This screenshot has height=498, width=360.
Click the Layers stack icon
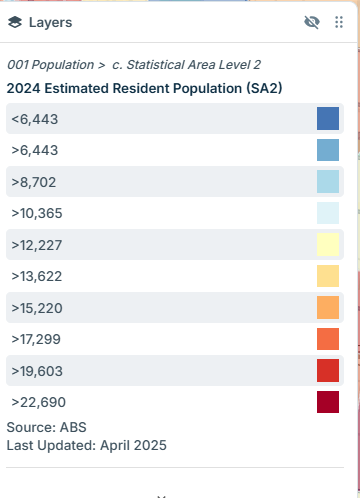15,22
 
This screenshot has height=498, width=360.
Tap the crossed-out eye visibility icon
312,22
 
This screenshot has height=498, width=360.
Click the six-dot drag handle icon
339,22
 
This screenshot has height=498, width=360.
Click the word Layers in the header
50,23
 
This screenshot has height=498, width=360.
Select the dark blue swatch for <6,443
328,118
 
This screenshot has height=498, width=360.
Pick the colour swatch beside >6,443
328,150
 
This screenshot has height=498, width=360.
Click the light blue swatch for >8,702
328,181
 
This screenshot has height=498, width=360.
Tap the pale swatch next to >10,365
328,213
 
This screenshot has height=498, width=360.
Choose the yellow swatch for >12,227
328,244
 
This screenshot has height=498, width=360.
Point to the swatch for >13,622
328,276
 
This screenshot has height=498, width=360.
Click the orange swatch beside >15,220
328,307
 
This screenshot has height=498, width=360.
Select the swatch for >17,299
328,339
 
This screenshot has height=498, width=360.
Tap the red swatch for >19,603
328,370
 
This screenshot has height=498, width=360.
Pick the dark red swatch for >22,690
328,402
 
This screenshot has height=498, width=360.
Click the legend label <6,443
35,119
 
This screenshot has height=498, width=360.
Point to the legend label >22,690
39,402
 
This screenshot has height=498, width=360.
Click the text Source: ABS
46,427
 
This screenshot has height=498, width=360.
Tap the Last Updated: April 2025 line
87,445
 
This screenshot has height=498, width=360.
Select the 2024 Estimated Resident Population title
144,88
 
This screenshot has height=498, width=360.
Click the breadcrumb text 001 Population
51,65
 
